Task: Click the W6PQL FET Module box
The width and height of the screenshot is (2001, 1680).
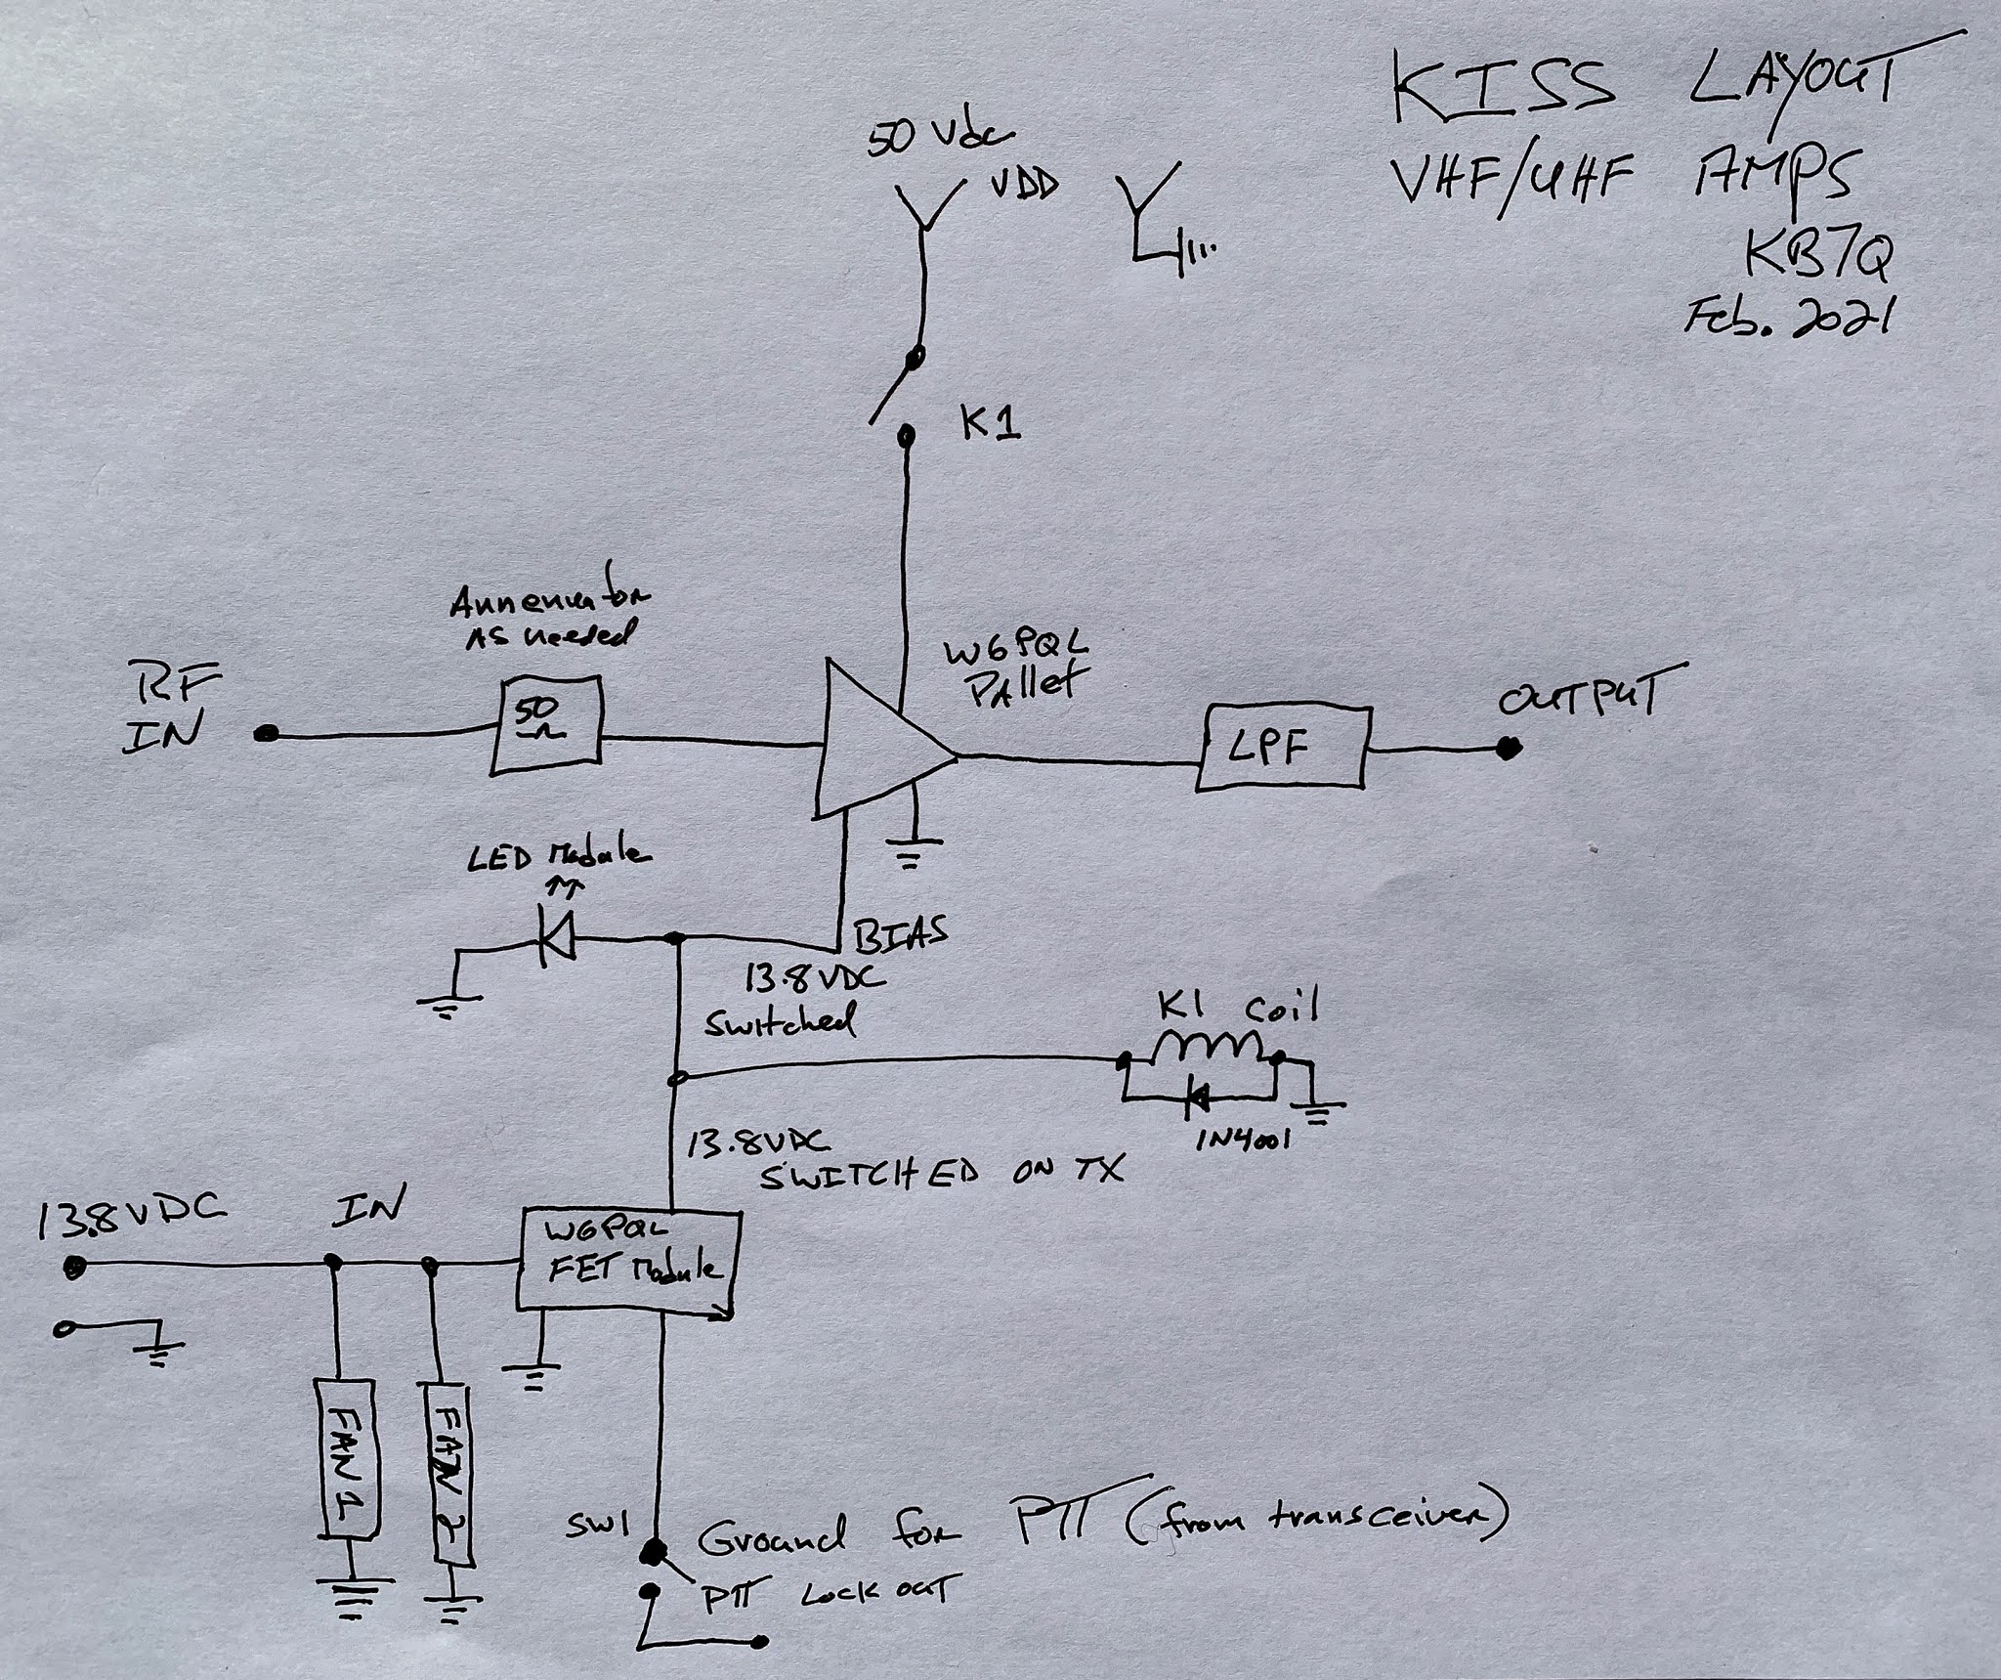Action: (626, 1263)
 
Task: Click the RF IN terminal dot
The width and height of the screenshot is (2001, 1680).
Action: (262, 734)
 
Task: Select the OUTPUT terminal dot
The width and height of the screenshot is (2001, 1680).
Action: (1511, 749)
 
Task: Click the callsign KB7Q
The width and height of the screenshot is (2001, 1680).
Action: (1819, 258)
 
